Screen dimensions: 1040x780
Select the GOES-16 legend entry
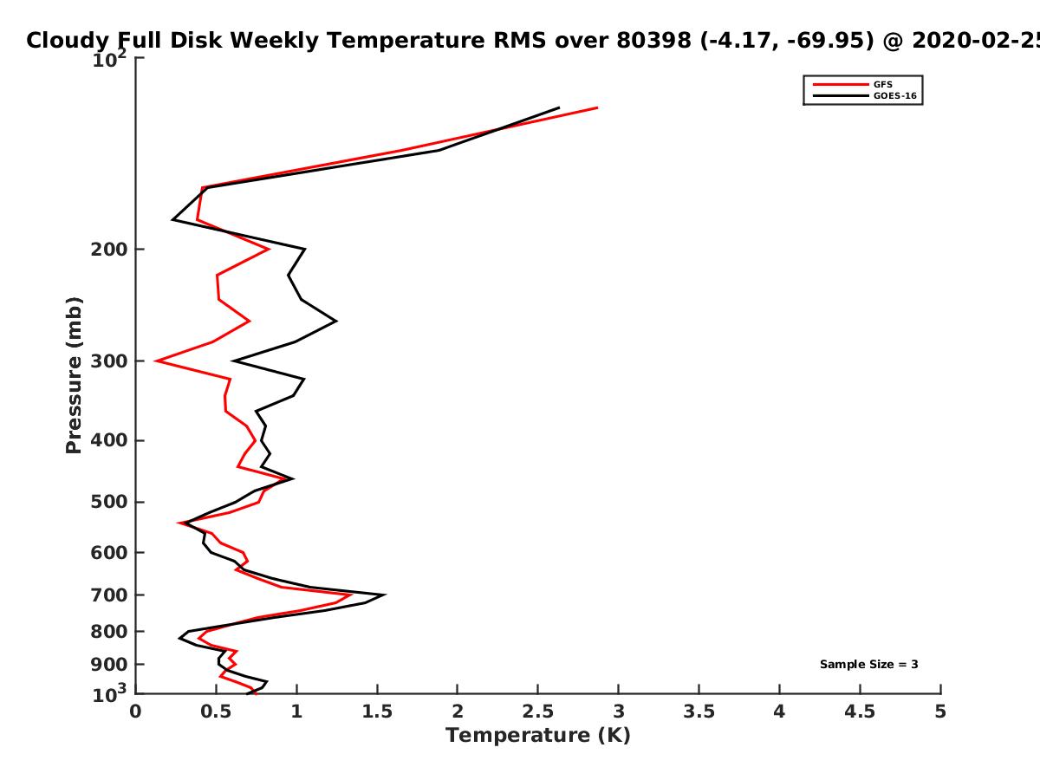[x=864, y=95]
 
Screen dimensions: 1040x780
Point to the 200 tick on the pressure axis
[x=109, y=249]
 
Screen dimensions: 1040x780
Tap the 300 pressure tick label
[x=109, y=361]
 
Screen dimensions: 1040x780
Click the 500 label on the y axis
[x=109, y=502]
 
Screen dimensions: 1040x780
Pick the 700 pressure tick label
[x=109, y=595]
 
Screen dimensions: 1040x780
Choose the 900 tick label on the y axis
[x=109, y=665]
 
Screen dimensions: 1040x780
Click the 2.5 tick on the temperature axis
[x=538, y=712]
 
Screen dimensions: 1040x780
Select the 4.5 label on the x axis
[x=860, y=712]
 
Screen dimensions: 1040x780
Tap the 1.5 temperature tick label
[x=377, y=712]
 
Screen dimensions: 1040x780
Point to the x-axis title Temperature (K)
[x=538, y=736]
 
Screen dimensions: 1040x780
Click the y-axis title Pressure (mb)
[x=74, y=375]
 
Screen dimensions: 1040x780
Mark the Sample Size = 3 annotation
[x=869, y=664]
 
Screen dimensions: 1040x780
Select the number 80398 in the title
[x=653, y=40]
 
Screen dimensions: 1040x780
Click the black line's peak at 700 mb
[x=385, y=595]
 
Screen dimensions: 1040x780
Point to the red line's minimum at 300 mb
[x=156, y=361]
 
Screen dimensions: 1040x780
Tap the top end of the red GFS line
[x=597, y=107]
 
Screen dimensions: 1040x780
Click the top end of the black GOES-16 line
[x=559, y=108]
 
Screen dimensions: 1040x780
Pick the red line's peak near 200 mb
[x=269, y=249]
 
